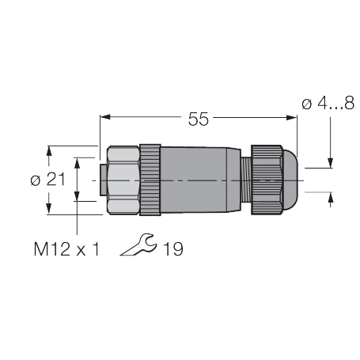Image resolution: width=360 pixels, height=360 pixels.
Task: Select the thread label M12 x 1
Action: (67, 249)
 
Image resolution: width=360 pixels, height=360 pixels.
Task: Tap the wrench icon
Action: (139, 246)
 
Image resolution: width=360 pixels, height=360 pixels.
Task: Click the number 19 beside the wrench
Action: (172, 249)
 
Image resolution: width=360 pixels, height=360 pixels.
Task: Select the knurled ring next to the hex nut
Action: (150, 180)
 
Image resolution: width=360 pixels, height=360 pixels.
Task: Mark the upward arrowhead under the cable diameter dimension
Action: (330, 198)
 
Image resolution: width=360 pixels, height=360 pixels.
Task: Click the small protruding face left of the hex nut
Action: (100, 180)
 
